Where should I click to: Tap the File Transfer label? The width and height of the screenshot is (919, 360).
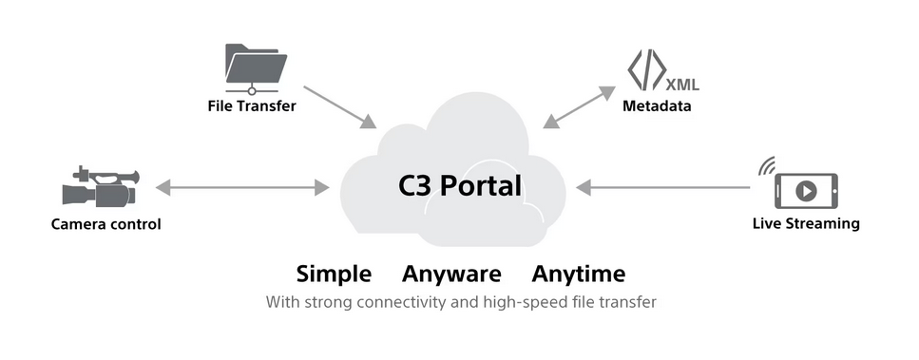[252, 106]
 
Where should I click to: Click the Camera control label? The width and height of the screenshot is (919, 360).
[106, 224]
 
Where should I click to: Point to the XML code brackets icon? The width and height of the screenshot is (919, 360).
[646, 70]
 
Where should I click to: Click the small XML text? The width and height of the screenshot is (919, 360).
[682, 85]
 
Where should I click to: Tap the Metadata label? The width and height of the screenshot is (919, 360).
[657, 106]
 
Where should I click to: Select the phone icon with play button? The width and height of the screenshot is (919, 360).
[807, 191]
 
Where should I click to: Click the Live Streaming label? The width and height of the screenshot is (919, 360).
[806, 223]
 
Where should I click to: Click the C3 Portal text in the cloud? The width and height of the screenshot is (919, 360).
[460, 186]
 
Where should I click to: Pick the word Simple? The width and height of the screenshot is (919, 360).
[334, 274]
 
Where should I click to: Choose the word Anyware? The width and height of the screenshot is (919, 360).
[451, 274]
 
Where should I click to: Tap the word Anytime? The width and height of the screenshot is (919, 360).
[579, 274]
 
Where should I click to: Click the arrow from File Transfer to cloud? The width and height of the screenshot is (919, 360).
[340, 107]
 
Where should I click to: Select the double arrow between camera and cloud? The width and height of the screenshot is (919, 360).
[242, 188]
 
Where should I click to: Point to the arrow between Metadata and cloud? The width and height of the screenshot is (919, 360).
[579, 107]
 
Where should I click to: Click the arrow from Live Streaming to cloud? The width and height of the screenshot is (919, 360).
[662, 188]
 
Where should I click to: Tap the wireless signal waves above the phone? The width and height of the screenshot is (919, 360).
[767, 166]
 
